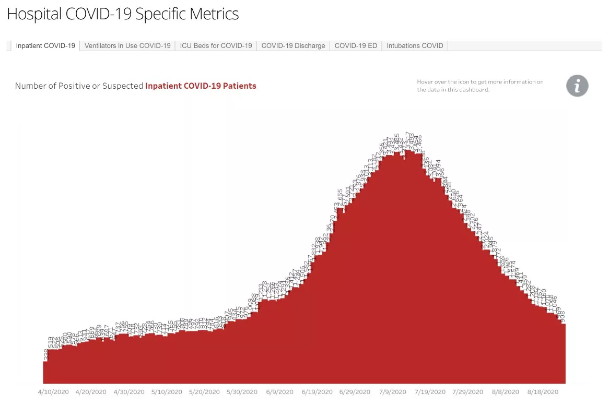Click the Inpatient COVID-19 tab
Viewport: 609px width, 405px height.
(45, 46)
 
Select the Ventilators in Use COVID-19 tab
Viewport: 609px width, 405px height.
(127, 46)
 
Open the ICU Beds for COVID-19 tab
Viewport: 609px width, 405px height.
(216, 46)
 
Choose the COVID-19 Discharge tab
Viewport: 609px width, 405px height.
(293, 46)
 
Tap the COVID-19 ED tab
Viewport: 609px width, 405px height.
(356, 46)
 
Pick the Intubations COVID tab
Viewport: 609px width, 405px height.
(415, 46)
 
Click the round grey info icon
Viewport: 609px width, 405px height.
(577, 86)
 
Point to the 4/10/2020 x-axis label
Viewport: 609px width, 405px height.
(53, 392)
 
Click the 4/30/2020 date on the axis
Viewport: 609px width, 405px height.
(129, 392)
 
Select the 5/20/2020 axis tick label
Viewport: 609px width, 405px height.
(205, 392)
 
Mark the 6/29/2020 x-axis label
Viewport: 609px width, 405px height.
(355, 392)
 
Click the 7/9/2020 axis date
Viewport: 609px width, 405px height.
(393, 392)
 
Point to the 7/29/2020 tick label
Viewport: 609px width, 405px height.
(468, 392)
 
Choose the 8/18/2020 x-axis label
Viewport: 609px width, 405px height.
(544, 392)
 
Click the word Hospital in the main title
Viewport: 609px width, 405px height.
(34, 14)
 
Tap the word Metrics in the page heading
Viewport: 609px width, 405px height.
(214, 14)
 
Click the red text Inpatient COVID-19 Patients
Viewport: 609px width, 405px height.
(201, 86)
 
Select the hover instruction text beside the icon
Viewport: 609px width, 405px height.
(480, 86)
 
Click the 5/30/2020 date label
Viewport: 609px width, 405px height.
(242, 392)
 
